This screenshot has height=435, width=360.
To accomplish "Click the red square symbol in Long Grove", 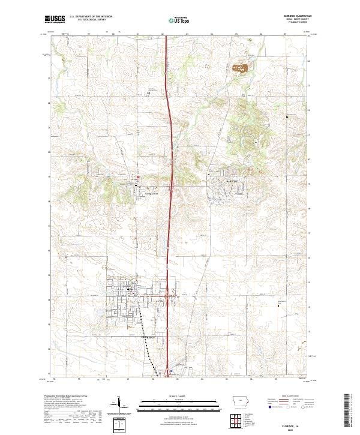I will pos(137,177).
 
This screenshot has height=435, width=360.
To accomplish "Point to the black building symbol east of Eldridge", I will pos(278,307).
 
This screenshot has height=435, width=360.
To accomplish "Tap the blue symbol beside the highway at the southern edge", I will pos(170,371).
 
